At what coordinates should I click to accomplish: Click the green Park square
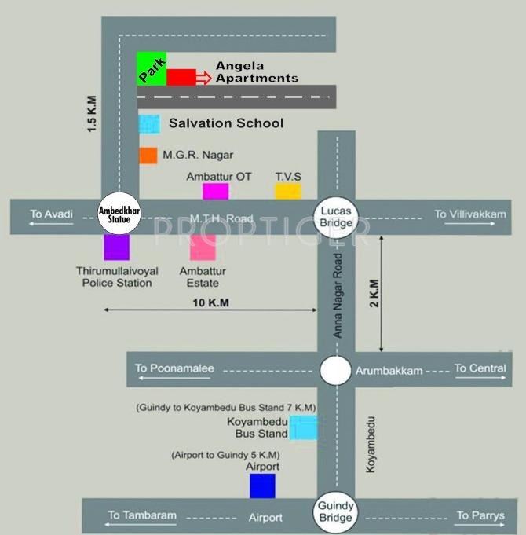tap(151, 68)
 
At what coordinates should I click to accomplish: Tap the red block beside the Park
tap(181, 77)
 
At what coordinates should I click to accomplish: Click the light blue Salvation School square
tap(149, 123)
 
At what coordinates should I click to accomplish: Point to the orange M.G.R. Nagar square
tap(148, 155)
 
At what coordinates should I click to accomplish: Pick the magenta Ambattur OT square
tap(215, 191)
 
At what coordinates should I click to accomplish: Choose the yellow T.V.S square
tap(288, 191)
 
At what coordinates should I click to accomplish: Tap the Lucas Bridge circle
tap(336, 214)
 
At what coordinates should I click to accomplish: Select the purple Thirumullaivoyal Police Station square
tap(116, 247)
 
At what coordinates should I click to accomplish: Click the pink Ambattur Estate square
tap(203, 247)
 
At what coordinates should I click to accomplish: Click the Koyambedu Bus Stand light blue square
tap(304, 427)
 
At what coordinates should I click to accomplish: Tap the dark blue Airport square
tap(262, 486)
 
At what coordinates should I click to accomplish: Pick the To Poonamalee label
tap(174, 368)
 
